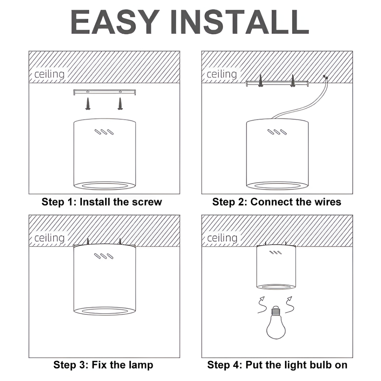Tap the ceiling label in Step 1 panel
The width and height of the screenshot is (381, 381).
pyautogui.click(x=49, y=74)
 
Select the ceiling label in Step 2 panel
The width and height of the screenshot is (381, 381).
pyautogui.click(x=222, y=74)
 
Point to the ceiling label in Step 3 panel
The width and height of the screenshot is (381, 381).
pyautogui.click(x=49, y=238)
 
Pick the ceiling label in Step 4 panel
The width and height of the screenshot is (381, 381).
pyautogui.click(x=222, y=238)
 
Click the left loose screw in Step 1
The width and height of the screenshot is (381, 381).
pyautogui.click(x=88, y=104)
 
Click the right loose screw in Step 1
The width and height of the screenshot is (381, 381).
pyautogui.click(x=119, y=104)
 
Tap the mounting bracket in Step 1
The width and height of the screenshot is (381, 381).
pyautogui.click(x=105, y=92)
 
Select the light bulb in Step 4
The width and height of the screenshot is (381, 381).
pyautogui.click(x=276, y=322)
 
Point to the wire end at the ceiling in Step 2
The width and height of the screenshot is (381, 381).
pyautogui.click(x=325, y=77)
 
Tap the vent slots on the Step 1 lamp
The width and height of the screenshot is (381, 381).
pyautogui.click(x=104, y=132)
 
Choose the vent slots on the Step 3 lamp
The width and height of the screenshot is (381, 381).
pyautogui.click(x=104, y=256)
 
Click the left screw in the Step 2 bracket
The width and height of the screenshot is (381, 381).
pyautogui.click(x=260, y=80)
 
